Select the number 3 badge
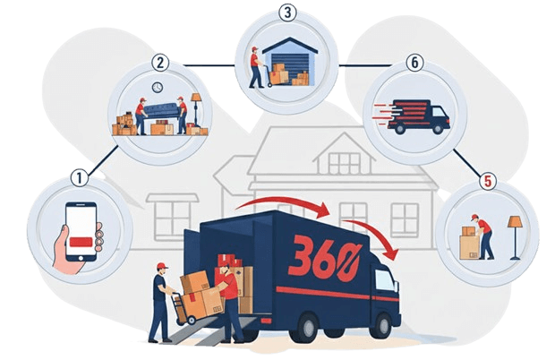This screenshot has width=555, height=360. click(x=286, y=13)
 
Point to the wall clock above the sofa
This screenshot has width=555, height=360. click(x=158, y=88)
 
